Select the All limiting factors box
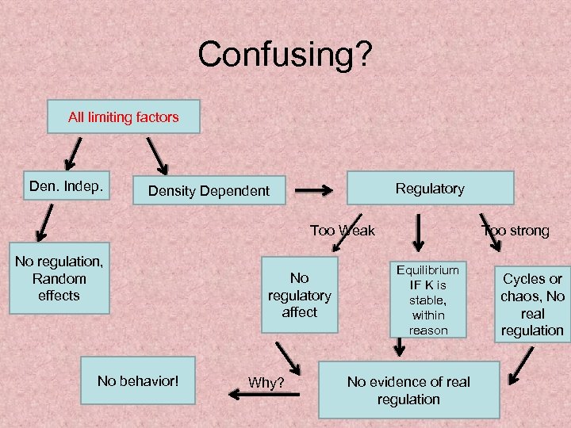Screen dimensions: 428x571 click(x=124, y=117)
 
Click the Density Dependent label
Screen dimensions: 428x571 click(x=209, y=191)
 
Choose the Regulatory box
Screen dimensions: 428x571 click(x=429, y=189)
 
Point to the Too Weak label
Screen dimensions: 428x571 click(x=342, y=231)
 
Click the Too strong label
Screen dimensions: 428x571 click(x=515, y=231)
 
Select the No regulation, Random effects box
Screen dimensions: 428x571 click(x=59, y=278)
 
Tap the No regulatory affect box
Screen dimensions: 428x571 click(x=299, y=295)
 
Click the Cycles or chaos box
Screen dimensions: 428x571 click(x=532, y=304)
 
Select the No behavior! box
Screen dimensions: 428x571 click(x=138, y=381)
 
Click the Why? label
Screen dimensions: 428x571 click(x=266, y=383)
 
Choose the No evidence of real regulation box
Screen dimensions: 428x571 click(x=408, y=391)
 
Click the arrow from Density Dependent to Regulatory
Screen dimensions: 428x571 click(x=314, y=190)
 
